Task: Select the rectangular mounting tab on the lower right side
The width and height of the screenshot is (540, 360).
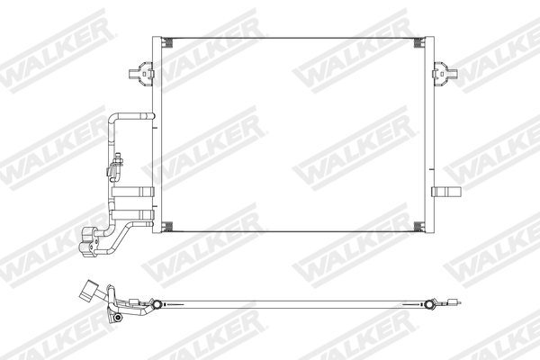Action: tap(444, 190)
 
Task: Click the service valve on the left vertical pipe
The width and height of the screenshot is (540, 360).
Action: tap(117, 164)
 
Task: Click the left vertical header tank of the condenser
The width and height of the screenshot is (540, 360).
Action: tap(156, 135)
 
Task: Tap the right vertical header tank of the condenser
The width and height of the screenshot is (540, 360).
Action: tap(428, 135)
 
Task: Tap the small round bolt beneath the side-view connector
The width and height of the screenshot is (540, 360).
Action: tap(117, 318)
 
